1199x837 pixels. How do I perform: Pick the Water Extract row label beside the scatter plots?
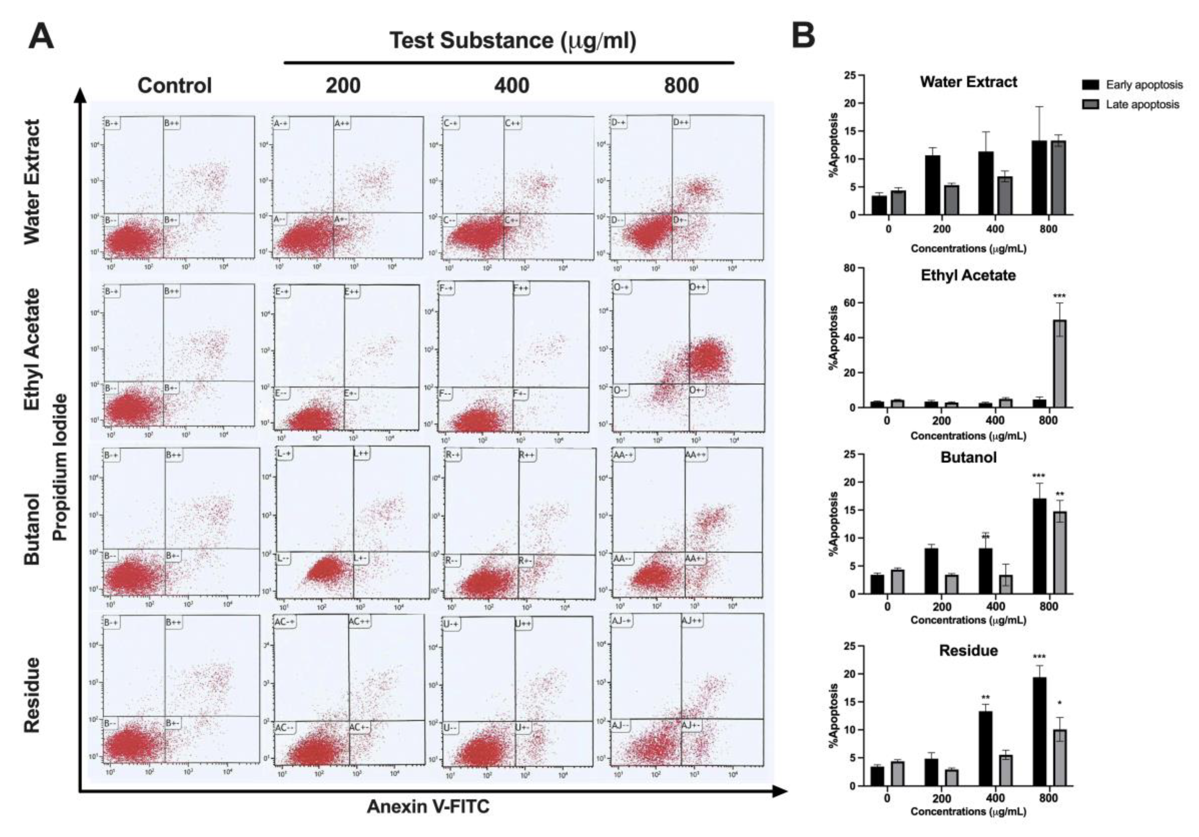pyautogui.click(x=32, y=182)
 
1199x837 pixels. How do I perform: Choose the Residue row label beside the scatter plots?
pyautogui.click(x=32, y=695)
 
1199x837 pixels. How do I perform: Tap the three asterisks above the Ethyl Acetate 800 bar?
pyautogui.click(x=1060, y=296)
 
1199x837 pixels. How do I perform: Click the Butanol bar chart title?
pyautogui.click(x=968, y=458)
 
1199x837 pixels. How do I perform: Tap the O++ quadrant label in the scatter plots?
pyautogui.click(x=698, y=287)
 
